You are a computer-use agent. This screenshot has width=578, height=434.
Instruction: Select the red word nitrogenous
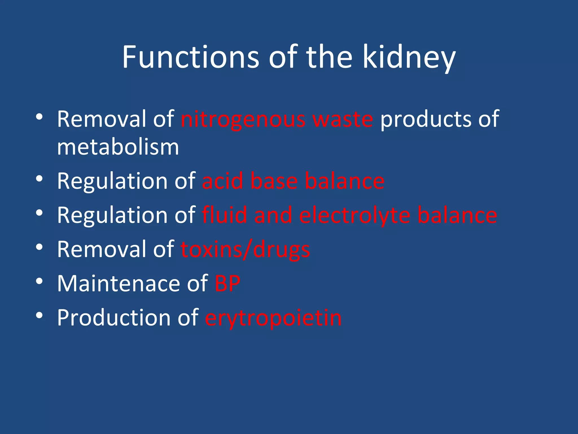pos(243,119)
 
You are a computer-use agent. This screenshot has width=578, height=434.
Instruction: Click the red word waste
pos(343,119)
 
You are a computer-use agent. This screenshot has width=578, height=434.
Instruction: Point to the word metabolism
pos(118,147)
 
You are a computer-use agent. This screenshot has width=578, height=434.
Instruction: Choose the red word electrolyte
pos(355,216)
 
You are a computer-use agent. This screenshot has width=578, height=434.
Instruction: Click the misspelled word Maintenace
pos(119,283)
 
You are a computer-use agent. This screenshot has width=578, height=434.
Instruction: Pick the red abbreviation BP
pos(227,283)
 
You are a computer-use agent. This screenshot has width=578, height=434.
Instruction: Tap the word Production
pos(114,318)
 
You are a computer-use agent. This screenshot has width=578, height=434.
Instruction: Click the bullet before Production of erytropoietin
pos(40,315)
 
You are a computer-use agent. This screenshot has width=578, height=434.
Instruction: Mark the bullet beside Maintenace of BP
pos(40,281)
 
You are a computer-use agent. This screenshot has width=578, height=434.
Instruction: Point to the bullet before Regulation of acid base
pos(40,179)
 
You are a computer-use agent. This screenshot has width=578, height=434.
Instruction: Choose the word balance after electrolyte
pos(457,215)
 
